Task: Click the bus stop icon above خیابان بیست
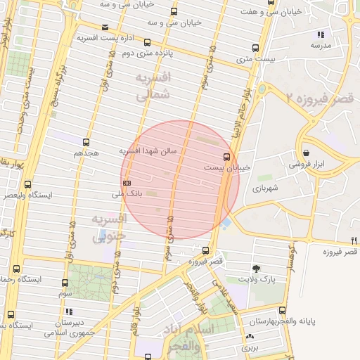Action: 226,156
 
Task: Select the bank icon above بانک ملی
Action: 126,183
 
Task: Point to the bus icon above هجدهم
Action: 86,142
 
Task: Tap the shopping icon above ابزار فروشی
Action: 307,153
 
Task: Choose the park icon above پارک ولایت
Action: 255,268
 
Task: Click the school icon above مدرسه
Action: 321,34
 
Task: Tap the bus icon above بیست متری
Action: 255,49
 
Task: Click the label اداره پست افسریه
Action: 105,37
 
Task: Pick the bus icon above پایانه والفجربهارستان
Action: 282,310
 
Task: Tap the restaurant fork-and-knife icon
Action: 354,240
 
